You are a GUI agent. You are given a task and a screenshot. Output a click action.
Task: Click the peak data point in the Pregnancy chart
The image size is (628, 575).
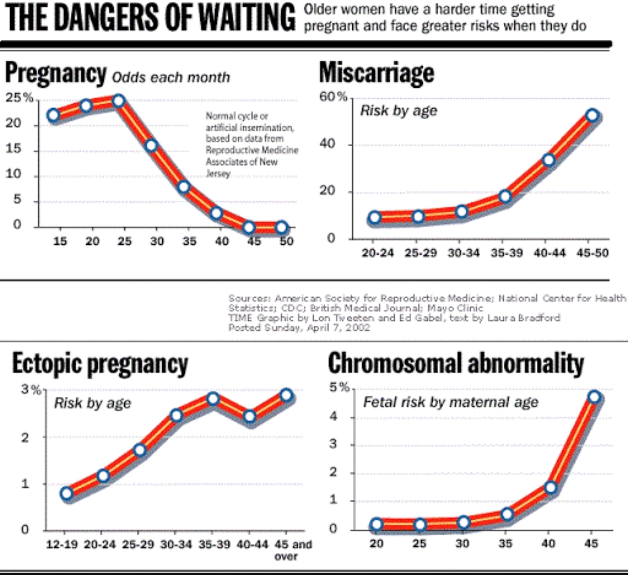(x=118, y=101)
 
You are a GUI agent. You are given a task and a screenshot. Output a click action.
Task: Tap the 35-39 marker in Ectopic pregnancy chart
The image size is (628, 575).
(x=213, y=399)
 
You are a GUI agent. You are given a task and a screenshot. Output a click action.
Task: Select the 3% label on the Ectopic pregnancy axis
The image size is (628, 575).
(x=31, y=390)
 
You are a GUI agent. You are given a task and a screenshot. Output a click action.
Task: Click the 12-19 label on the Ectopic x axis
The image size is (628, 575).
(x=61, y=544)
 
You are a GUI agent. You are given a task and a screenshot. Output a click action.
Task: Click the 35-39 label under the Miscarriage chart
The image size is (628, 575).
(x=506, y=253)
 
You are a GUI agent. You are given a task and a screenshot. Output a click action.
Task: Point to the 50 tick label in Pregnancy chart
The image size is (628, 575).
(x=286, y=241)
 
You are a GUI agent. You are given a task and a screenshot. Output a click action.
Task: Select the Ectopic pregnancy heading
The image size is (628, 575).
(x=100, y=365)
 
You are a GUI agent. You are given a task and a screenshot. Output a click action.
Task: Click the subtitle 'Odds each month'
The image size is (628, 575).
(x=171, y=77)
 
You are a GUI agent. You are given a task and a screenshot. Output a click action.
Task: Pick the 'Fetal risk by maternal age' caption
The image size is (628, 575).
(x=451, y=402)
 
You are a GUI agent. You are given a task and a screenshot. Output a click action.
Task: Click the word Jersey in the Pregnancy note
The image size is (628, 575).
(x=218, y=173)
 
